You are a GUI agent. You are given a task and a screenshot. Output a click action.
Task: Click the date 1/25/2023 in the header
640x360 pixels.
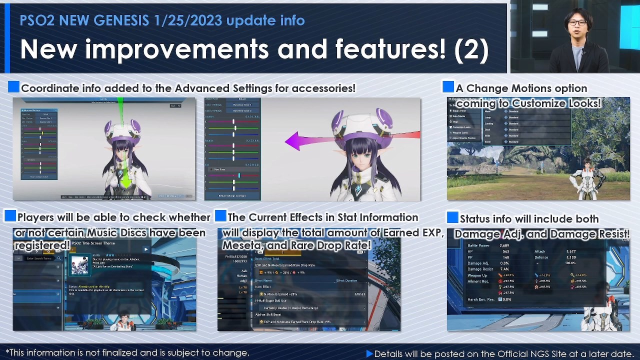188,20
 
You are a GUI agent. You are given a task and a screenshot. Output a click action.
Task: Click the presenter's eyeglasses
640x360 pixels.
577,23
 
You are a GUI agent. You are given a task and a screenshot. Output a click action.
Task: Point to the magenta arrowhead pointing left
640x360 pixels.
293,141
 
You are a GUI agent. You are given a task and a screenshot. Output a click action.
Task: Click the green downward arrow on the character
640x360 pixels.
125,179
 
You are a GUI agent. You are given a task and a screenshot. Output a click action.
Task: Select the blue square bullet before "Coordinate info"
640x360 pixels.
13,87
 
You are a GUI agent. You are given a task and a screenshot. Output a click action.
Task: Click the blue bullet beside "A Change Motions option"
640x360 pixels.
448,87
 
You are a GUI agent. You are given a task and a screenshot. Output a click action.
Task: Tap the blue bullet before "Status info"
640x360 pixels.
452,218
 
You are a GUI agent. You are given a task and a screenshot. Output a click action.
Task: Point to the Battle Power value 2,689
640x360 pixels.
504,246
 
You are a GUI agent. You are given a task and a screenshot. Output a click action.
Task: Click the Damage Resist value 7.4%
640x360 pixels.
504,269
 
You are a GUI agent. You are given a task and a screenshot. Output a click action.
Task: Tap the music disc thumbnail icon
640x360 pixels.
79,265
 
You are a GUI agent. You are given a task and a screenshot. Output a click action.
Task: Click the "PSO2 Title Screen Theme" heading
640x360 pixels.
93,243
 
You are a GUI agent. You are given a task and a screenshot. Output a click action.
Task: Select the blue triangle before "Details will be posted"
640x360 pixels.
369,353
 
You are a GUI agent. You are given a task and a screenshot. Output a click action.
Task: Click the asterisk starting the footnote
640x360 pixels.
7,352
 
